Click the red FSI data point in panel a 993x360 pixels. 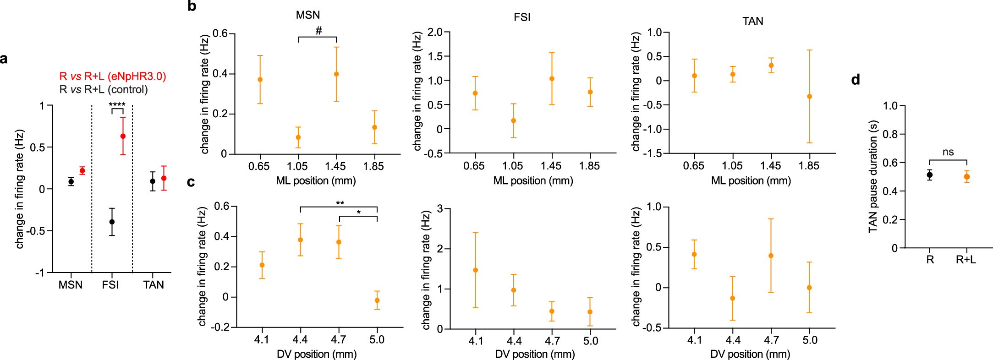tap(123, 136)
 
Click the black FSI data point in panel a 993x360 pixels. tap(112, 222)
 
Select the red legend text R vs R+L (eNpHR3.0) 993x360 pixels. tap(112, 76)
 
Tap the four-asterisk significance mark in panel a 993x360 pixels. tap(117, 105)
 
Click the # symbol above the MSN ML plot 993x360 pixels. tap(318, 31)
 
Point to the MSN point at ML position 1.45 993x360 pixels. tap(336, 74)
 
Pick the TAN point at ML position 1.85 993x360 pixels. tap(810, 96)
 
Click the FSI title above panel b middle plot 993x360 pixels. tap(522, 17)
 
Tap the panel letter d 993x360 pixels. tap(855, 80)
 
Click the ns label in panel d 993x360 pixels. tap(948, 152)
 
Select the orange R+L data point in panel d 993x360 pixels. tap(967, 176)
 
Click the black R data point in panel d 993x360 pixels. tap(930, 175)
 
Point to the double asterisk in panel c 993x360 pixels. tap(340, 203)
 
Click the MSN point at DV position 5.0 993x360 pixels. tap(377, 300)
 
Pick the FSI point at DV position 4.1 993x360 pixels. tap(476, 270)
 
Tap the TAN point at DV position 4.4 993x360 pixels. tap(733, 298)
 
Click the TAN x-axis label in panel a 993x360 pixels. tap(154, 285)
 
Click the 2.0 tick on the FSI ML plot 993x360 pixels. tap(435, 32)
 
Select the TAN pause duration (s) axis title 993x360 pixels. tap(873, 176)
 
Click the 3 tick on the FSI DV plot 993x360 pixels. tap(441, 209)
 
